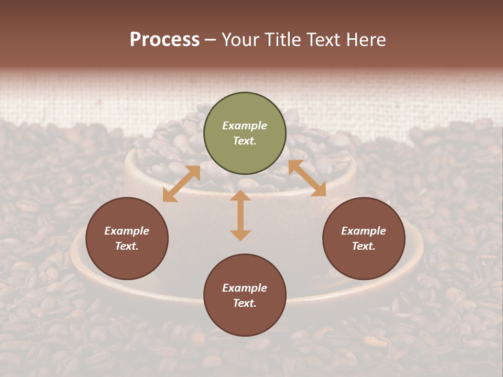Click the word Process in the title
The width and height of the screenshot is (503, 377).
165,40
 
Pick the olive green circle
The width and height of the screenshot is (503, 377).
245,134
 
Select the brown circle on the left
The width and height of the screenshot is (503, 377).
127,238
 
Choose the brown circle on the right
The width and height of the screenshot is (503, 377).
364,238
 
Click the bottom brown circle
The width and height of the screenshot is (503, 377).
245,295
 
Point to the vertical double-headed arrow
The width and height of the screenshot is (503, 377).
240,215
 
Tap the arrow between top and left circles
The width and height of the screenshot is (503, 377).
181,184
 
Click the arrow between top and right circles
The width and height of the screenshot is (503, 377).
307,178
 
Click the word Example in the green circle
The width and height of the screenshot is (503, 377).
245,126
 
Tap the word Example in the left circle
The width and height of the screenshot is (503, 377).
127,231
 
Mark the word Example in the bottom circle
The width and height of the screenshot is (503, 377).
245,288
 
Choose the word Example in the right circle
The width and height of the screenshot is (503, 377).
364,231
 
